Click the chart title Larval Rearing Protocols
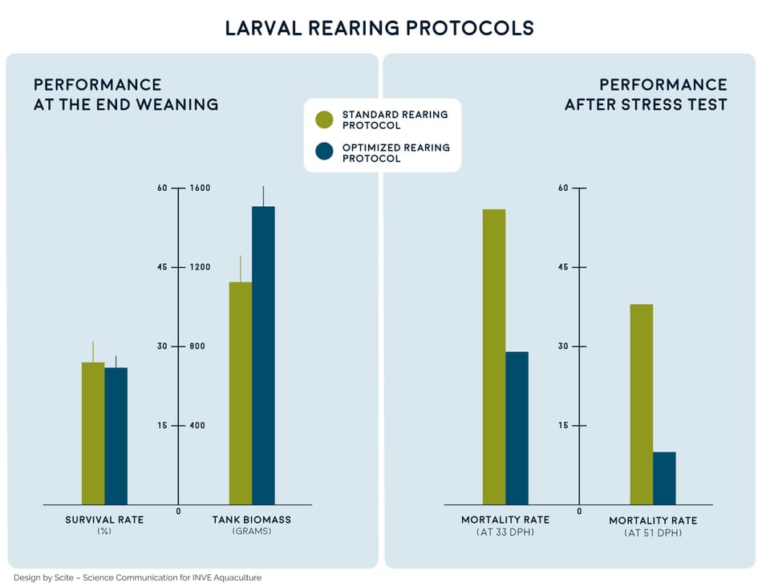[379, 28]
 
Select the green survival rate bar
[93, 433]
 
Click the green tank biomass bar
[241, 393]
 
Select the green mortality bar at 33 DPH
[494, 357]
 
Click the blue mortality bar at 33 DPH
[517, 428]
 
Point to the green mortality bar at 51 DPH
[642, 404]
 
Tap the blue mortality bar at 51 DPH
[664, 478]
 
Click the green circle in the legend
[324, 120]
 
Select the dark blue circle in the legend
[324, 152]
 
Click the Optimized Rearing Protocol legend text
[395, 153]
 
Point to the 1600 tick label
[199, 188]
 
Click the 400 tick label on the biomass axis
[199, 426]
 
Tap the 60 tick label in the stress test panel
[563, 188]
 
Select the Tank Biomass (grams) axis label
[252, 525]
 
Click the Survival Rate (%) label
[104, 525]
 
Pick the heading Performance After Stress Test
[646, 95]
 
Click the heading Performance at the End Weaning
[126, 95]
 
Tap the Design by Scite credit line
[137, 577]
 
